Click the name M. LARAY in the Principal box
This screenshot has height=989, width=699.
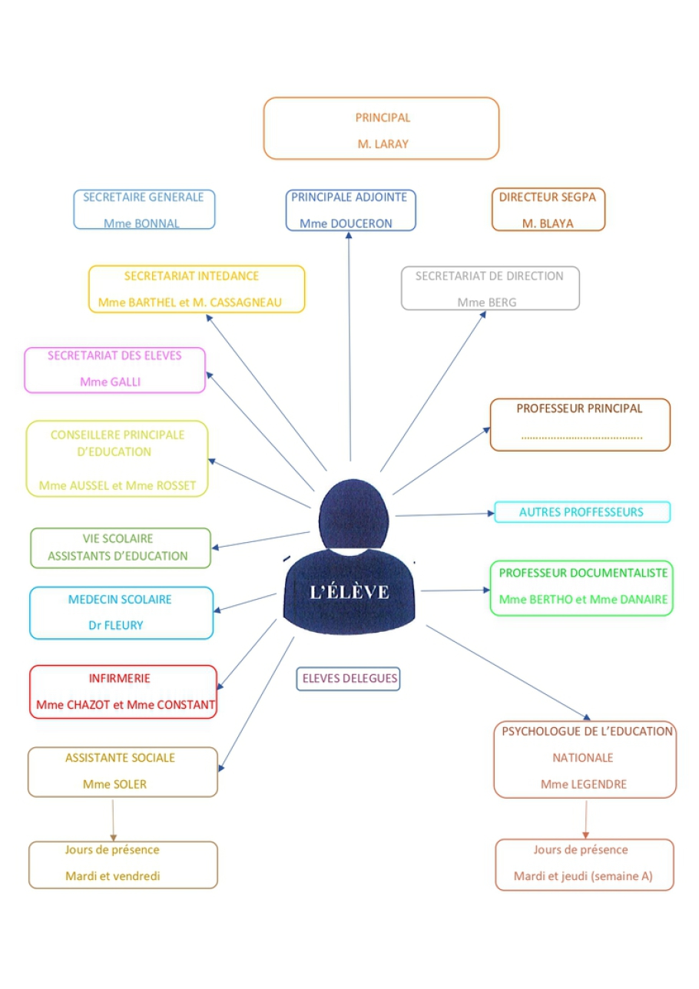[x=383, y=144]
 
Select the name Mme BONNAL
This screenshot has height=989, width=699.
[x=141, y=223]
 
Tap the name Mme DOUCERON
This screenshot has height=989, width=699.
[x=346, y=223]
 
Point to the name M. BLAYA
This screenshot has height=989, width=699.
[x=548, y=223]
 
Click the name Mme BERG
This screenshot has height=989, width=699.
[x=486, y=303]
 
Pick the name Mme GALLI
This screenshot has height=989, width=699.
[x=111, y=382]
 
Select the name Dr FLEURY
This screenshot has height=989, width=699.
[x=116, y=625]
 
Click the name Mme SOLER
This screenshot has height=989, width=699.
[x=114, y=784]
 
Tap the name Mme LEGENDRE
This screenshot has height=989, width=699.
[x=584, y=784]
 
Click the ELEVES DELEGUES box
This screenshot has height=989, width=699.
[x=348, y=678]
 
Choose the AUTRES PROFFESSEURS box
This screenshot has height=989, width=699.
[x=582, y=512]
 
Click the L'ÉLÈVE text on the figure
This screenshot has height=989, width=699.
[x=349, y=592]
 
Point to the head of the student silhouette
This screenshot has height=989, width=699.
[x=353, y=514]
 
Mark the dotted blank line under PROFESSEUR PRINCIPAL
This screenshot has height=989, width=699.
[x=581, y=438]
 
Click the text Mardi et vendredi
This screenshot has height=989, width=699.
[x=113, y=876]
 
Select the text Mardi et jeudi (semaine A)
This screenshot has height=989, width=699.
[x=583, y=876]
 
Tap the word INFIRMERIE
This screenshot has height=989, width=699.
[x=119, y=678]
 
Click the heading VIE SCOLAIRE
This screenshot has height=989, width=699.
[x=118, y=539]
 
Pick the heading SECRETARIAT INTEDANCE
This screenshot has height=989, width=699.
[x=191, y=276]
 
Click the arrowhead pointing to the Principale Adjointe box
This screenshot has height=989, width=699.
[x=349, y=235]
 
